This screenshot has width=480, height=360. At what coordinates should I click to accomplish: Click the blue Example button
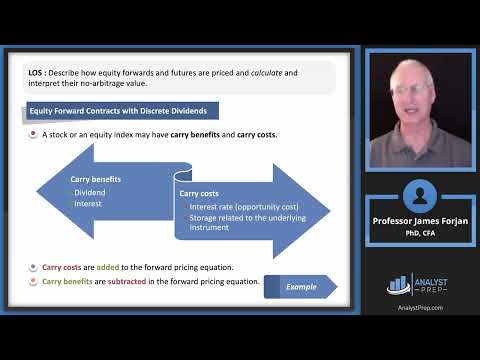tap(299, 286)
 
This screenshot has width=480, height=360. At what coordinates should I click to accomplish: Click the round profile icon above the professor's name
tap(420, 196)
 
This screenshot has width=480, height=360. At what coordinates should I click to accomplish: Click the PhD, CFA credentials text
tap(420, 235)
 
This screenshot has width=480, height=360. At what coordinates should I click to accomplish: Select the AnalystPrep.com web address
tap(420, 308)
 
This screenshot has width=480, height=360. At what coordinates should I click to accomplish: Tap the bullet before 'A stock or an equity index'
tap(32, 133)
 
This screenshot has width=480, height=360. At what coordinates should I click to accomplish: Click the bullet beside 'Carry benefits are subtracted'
tap(32, 281)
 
